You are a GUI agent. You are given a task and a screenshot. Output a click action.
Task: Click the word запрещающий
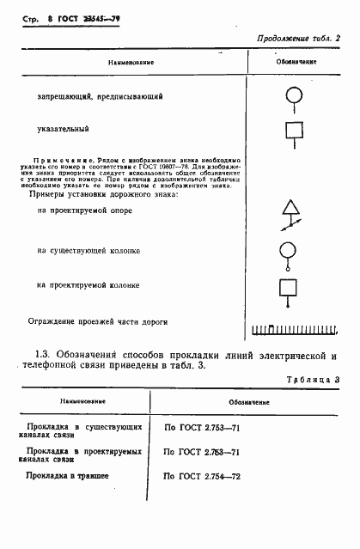coord(61,95)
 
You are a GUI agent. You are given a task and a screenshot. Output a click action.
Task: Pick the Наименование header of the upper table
coord(131,63)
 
